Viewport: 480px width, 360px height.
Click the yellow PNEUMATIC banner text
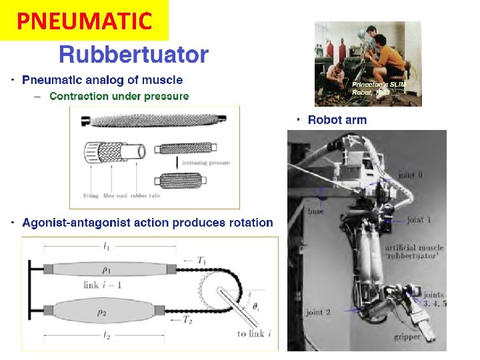pos(85,21)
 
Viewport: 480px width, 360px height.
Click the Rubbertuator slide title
pos(133,55)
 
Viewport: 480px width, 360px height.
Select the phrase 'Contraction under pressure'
pos(119,96)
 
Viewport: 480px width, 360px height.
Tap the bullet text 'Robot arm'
pos(337,120)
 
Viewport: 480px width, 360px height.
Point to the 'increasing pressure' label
pos(206,163)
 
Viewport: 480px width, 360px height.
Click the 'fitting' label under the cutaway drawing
pos(91,196)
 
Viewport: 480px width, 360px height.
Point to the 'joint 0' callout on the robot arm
pos(411,175)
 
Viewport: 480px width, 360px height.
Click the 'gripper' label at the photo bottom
pos(407,336)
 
